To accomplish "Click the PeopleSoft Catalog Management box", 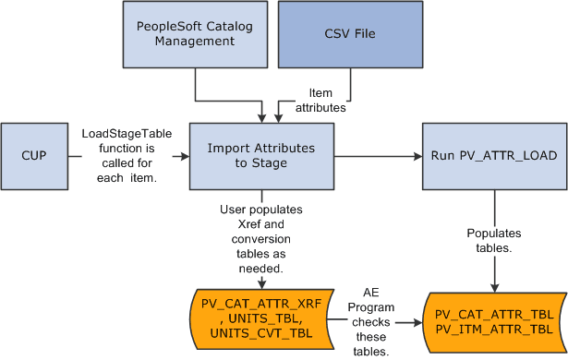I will (x=195, y=33).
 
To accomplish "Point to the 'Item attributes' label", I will (x=319, y=100).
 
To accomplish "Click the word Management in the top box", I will (x=195, y=41).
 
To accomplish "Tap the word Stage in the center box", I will (x=261, y=162).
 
